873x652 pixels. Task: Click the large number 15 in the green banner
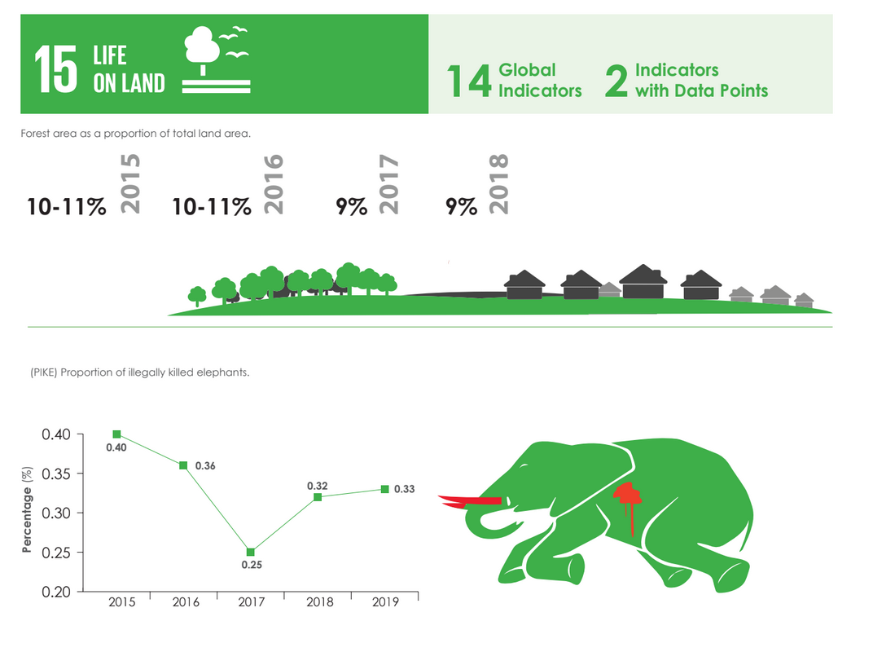coord(55,69)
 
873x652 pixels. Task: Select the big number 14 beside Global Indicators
coord(469,81)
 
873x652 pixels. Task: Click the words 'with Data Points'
coord(701,90)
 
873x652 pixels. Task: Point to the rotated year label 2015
coord(130,184)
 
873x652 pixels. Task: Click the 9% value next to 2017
coord(351,206)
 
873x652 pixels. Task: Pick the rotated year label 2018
coord(499,184)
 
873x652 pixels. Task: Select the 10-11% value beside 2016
coord(212,206)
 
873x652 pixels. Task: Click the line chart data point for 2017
coord(251,553)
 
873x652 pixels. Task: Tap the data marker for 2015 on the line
coord(116,434)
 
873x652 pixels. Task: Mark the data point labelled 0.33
coord(384,489)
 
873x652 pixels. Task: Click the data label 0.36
coord(205,466)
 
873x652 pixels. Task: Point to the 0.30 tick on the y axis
coord(56,513)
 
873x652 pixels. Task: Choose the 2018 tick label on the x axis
coord(319,602)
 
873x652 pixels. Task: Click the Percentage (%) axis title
coord(27,509)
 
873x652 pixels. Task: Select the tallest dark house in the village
coord(643,281)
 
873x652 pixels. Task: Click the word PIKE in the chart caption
coord(44,372)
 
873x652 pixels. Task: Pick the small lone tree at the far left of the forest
coord(197,296)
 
